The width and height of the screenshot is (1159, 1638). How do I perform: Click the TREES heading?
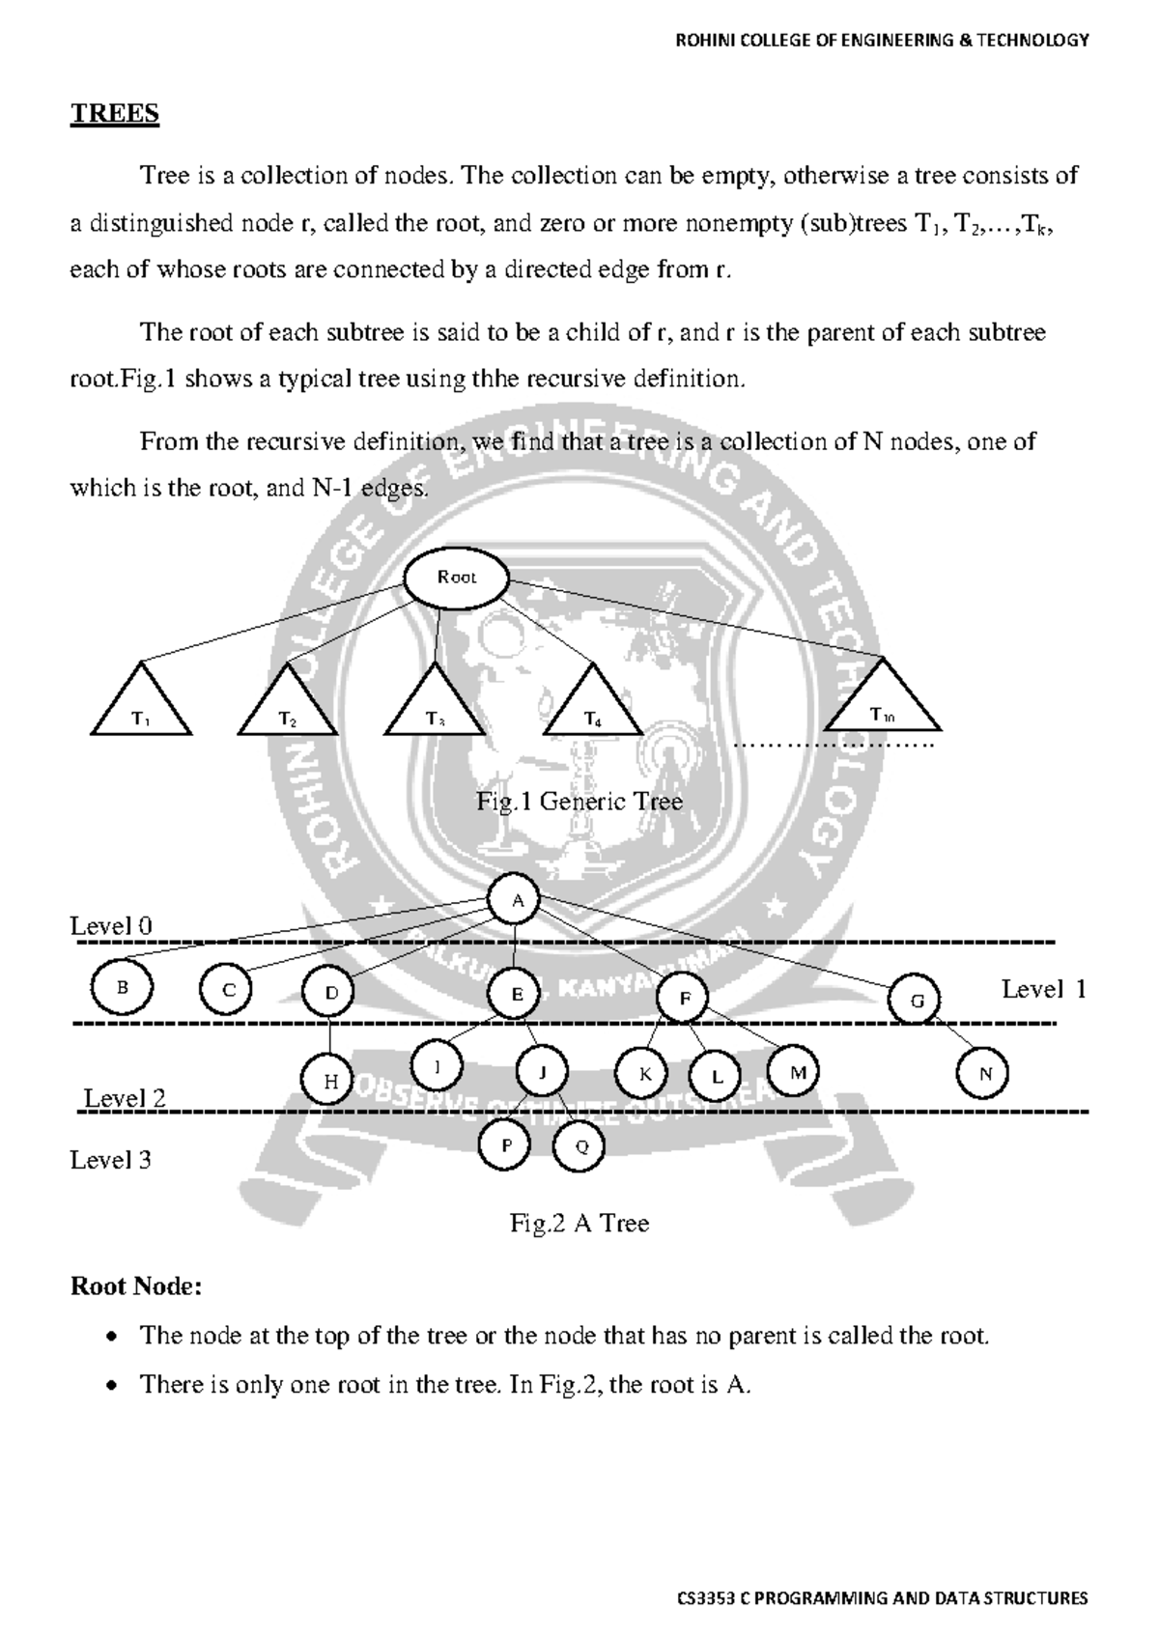click(x=114, y=113)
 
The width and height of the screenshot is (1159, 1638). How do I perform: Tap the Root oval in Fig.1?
click(x=456, y=579)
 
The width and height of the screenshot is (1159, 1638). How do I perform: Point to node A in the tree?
click(x=517, y=900)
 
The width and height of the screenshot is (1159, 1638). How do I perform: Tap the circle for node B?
click(x=122, y=987)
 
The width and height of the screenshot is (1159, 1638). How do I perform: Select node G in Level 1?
click(x=916, y=1001)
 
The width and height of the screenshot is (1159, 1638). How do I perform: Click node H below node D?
click(x=330, y=1081)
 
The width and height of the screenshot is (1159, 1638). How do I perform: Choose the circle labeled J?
click(x=542, y=1071)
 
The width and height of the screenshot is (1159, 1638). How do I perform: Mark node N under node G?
click(x=984, y=1073)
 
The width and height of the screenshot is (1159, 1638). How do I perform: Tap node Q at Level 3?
click(x=579, y=1146)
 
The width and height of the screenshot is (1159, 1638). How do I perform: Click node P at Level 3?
click(x=505, y=1145)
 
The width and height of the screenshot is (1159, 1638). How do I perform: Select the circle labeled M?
click(x=796, y=1071)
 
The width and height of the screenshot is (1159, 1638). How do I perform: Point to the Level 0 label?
click(x=110, y=925)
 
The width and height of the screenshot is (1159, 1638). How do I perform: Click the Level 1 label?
click(x=1043, y=989)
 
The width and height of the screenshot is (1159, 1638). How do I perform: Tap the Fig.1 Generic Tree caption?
click(x=579, y=802)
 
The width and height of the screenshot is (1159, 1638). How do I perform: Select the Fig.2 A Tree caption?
click(x=579, y=1224)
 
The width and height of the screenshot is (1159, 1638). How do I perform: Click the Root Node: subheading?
click(x=135, y=1286)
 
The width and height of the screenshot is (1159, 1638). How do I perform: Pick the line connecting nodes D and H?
click(x=330, y=1036)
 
